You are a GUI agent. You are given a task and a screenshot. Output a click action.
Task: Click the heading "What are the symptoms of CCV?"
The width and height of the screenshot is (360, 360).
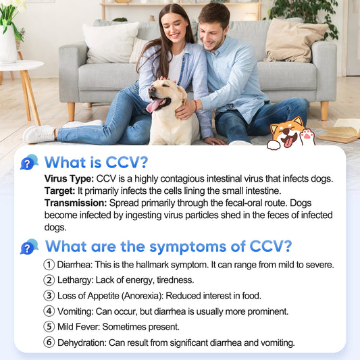(x=168, y=246)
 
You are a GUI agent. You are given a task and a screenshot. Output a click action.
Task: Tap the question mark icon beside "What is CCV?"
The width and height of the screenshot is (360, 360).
(x=29, y=163)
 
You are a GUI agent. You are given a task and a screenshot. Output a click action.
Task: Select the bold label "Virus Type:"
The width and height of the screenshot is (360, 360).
(x=69, y=179)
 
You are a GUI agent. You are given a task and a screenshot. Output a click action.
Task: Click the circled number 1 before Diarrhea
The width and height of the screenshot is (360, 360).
(x=49, y=265)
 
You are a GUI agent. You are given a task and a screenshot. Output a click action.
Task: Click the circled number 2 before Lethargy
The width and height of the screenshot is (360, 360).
(x=49, y=280)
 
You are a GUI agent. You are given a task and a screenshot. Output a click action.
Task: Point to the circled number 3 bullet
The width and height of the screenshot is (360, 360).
(x=49, y=296)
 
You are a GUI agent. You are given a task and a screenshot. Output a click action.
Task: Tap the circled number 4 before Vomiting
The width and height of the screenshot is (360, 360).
(x=49, y=311)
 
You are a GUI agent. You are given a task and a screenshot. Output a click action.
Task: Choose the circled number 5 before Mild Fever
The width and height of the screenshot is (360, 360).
(x=49, y=327)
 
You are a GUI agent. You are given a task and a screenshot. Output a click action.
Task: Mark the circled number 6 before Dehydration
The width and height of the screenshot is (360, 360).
(x=49, y=342)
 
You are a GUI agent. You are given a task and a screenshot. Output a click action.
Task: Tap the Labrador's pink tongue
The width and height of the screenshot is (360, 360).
(x=155, y=105)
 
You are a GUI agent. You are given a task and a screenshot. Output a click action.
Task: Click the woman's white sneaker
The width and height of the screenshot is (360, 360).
(x=39, y=134)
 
